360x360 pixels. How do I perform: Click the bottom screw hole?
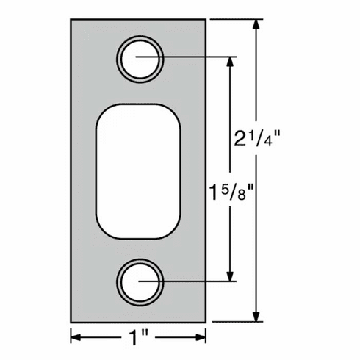pyautogui.click(x=140, y=280)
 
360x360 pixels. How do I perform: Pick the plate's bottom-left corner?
pyautogui.click(x=71, y=321)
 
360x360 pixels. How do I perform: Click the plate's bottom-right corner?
pyautogui.click(x=207, y=321)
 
